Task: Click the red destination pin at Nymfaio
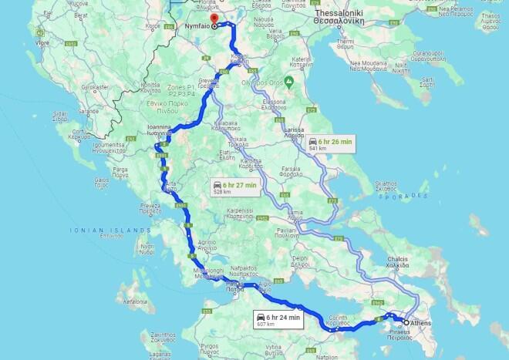214,17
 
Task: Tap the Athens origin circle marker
406,322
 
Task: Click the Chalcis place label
420,262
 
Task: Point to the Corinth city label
340,319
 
